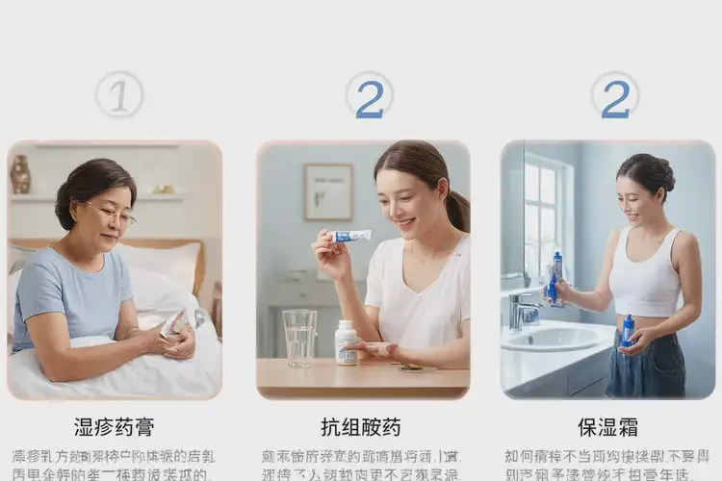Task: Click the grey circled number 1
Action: [119, 95]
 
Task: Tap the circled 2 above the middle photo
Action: [369, 96]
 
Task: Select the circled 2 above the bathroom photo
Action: [615, 96]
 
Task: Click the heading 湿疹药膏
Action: [115, 426]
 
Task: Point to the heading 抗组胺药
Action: [361, 426]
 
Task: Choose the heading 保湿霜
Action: [607, 426]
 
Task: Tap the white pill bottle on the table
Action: [347, 342]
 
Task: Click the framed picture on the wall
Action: [328, 191]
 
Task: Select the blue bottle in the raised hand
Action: [555, 277]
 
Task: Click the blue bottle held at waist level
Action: [628, 330]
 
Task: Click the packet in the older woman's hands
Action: [173, 324]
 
